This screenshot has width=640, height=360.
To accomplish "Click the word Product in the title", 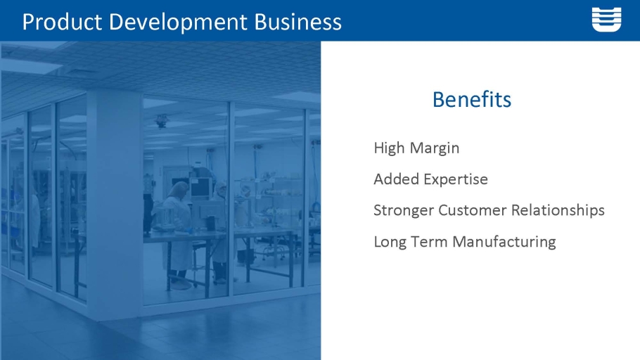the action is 62,22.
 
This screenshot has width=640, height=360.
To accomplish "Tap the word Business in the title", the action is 298,22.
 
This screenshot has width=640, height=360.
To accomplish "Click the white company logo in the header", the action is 606,19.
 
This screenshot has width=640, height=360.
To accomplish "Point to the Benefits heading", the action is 472,100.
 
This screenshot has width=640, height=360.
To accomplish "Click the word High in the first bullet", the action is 389,148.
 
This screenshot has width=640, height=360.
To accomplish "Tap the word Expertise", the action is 456,179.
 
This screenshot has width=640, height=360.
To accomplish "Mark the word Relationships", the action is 558,211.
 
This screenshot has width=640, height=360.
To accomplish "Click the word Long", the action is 390,242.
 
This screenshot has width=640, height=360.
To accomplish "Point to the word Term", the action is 429,242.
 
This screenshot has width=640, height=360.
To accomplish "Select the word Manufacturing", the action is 504,242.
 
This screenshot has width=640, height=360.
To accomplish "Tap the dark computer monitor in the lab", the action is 200,188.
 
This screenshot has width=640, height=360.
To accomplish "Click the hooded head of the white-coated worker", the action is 179,189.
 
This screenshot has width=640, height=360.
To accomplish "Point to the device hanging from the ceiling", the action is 162,120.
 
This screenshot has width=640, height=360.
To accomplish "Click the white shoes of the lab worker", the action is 179,285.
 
